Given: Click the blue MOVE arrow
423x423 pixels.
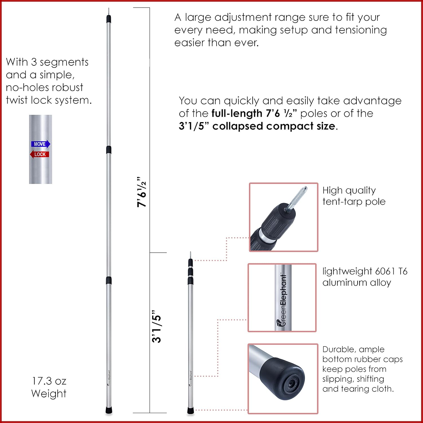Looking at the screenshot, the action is click(41, 144).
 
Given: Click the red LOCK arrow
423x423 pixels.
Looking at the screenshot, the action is click(39, 154).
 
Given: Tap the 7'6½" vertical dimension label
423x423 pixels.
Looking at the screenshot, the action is click(142, 192).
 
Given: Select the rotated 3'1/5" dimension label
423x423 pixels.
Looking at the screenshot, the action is click(157, 327).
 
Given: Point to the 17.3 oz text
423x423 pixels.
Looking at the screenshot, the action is click(49, 381).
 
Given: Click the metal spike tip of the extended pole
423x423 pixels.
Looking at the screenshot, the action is click(109, 11).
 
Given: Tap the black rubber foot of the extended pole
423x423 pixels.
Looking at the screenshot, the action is click(109, 410).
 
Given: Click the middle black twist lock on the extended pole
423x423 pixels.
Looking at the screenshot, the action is click(109, 150).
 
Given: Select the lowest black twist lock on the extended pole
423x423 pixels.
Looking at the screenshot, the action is click(109, 281).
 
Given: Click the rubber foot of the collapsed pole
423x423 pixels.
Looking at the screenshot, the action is click(191, 411).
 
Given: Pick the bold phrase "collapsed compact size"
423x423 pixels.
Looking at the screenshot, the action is click(274, 126).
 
